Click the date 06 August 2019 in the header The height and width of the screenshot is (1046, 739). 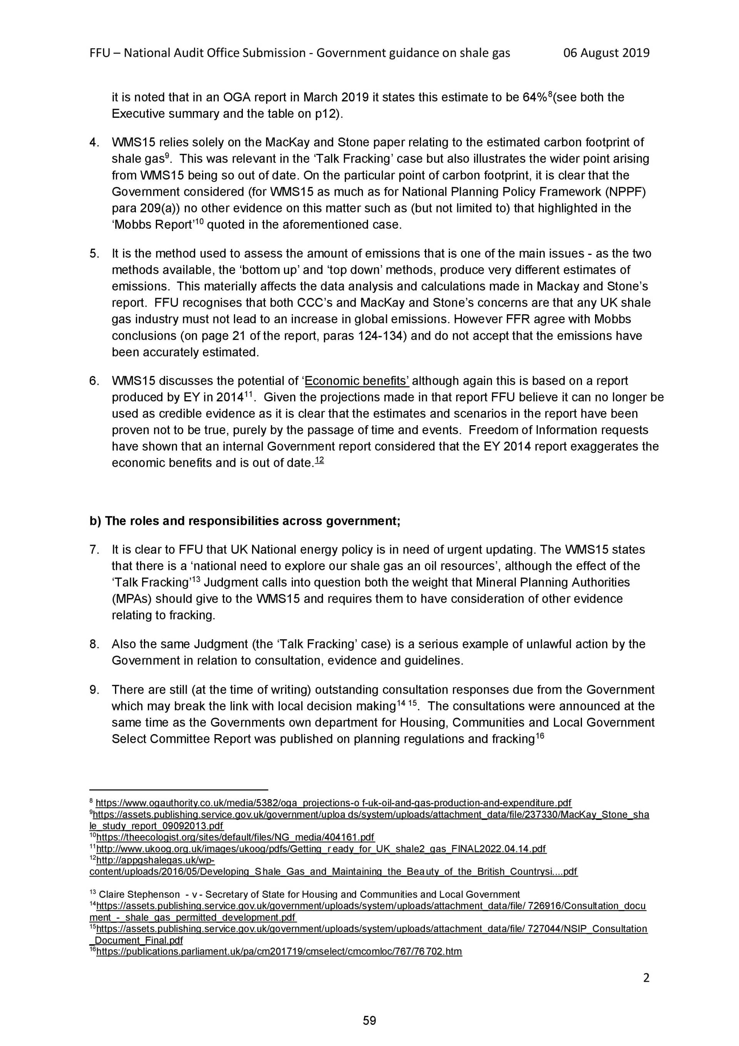(x=606, y=53)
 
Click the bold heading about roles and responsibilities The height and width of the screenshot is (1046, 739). (x=245, y=521)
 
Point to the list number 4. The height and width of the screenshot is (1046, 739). (x=94, y=142)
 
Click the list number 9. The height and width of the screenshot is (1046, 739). (x=94, y=690)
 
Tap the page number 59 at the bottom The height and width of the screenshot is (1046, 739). (x=369, y=1021)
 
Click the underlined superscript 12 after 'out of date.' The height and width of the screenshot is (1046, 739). (x=319, y=461)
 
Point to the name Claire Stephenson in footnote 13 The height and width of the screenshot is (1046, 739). (x=139, y=894)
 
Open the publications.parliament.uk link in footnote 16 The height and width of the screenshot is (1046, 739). (x=279, y=951)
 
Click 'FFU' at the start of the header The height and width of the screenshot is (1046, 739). (x=100, y=53)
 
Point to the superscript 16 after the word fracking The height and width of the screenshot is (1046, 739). (x=540, y=736)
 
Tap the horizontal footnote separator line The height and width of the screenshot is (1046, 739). (x=179, y=790)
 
